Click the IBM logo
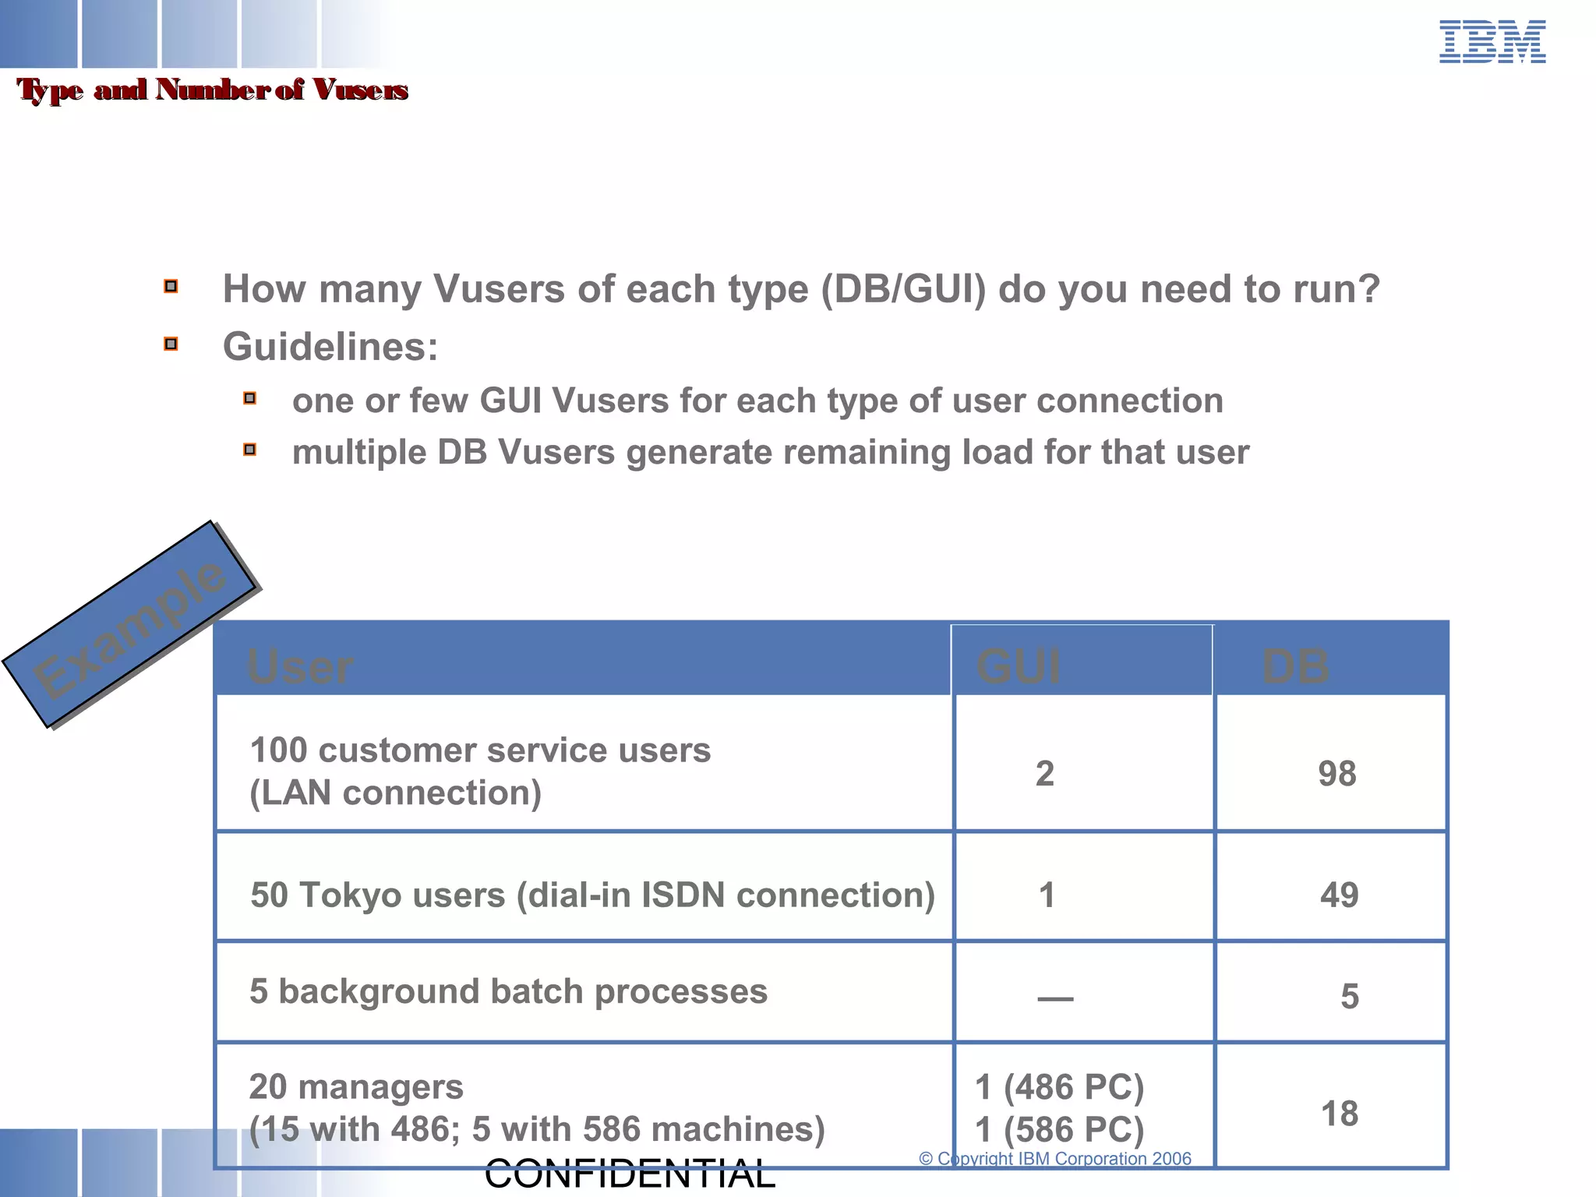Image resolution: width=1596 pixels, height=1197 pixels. click(x=1492, y=42)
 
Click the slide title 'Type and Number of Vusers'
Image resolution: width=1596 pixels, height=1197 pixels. click(x=212, y=90)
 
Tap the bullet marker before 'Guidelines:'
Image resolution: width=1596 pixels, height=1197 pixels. click(x=171, y=344)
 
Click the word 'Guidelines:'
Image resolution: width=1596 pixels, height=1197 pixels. click(x=330, y=347)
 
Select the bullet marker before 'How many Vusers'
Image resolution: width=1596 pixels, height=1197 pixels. click(x=171, y=286)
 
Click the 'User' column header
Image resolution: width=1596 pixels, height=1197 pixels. click(x=300, y=666)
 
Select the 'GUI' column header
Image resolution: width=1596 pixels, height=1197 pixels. click(x=1018, y=666)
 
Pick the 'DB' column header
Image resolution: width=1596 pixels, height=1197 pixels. click(x=1295, y=666)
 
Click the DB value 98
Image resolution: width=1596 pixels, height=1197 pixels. click(x=1336, y=774)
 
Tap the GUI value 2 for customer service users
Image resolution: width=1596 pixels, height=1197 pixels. click(x=1044, y=774)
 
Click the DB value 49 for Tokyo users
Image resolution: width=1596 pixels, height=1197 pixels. click(x=1339, y=895)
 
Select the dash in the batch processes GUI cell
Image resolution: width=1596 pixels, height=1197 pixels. click(x=1055, y=998)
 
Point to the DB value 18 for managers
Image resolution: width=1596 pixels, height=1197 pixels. click(x=1339, y=1114)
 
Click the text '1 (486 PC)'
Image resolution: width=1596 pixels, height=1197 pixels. click(x=1059, y=1087)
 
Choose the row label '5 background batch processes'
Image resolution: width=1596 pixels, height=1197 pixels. click(x=508, y=991)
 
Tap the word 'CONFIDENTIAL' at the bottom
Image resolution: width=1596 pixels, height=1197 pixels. click(x=630, y=1174)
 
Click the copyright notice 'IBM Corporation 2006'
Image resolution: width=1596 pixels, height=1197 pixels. click(x=1104, y=1159)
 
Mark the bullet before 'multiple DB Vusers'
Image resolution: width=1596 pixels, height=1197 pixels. click(x=249, y=450)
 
